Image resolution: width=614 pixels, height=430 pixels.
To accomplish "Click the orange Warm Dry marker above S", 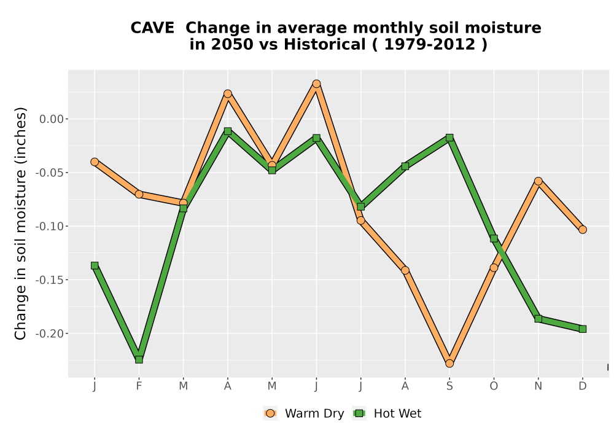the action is [x=449, y=364].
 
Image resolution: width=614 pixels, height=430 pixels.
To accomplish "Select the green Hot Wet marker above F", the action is [x=139, y=359].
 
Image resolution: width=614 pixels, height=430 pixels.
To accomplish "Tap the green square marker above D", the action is [x=583, y=329].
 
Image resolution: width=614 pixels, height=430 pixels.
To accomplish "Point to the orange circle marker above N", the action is [x=538, y=181].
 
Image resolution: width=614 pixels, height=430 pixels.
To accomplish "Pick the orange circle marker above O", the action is [x=494, y=268].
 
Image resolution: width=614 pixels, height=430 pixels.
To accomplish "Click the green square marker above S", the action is [x=449, y=138].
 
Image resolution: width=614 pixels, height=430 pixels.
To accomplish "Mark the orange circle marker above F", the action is [x=139, y=194].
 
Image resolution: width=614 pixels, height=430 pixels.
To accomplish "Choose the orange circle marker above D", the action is [x=583, y=230].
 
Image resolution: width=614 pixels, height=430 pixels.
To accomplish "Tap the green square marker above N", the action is [x=538, y=319].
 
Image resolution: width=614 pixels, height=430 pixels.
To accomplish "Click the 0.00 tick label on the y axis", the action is [x=52, y=119].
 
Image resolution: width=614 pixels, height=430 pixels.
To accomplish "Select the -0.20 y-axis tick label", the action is [x=49, y=334].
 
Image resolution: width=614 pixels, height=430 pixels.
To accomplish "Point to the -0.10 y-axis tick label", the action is [x=49, y=226].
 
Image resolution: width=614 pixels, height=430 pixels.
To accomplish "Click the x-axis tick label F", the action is [x=139, y=386].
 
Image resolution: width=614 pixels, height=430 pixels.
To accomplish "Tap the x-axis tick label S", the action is [x=449, y=386].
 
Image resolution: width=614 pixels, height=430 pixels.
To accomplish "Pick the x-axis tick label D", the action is [x=583, y=386].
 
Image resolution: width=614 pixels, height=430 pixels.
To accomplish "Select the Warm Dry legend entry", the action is [x=303, y=413].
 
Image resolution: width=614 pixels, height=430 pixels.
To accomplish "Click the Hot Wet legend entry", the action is [x=387, y=413].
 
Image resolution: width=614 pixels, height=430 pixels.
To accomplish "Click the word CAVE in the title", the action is [x=152, y=28].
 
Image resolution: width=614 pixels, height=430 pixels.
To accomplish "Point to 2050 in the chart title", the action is [x=233, y=45].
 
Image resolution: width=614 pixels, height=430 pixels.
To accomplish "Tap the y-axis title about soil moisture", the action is [x=20, y=223].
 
